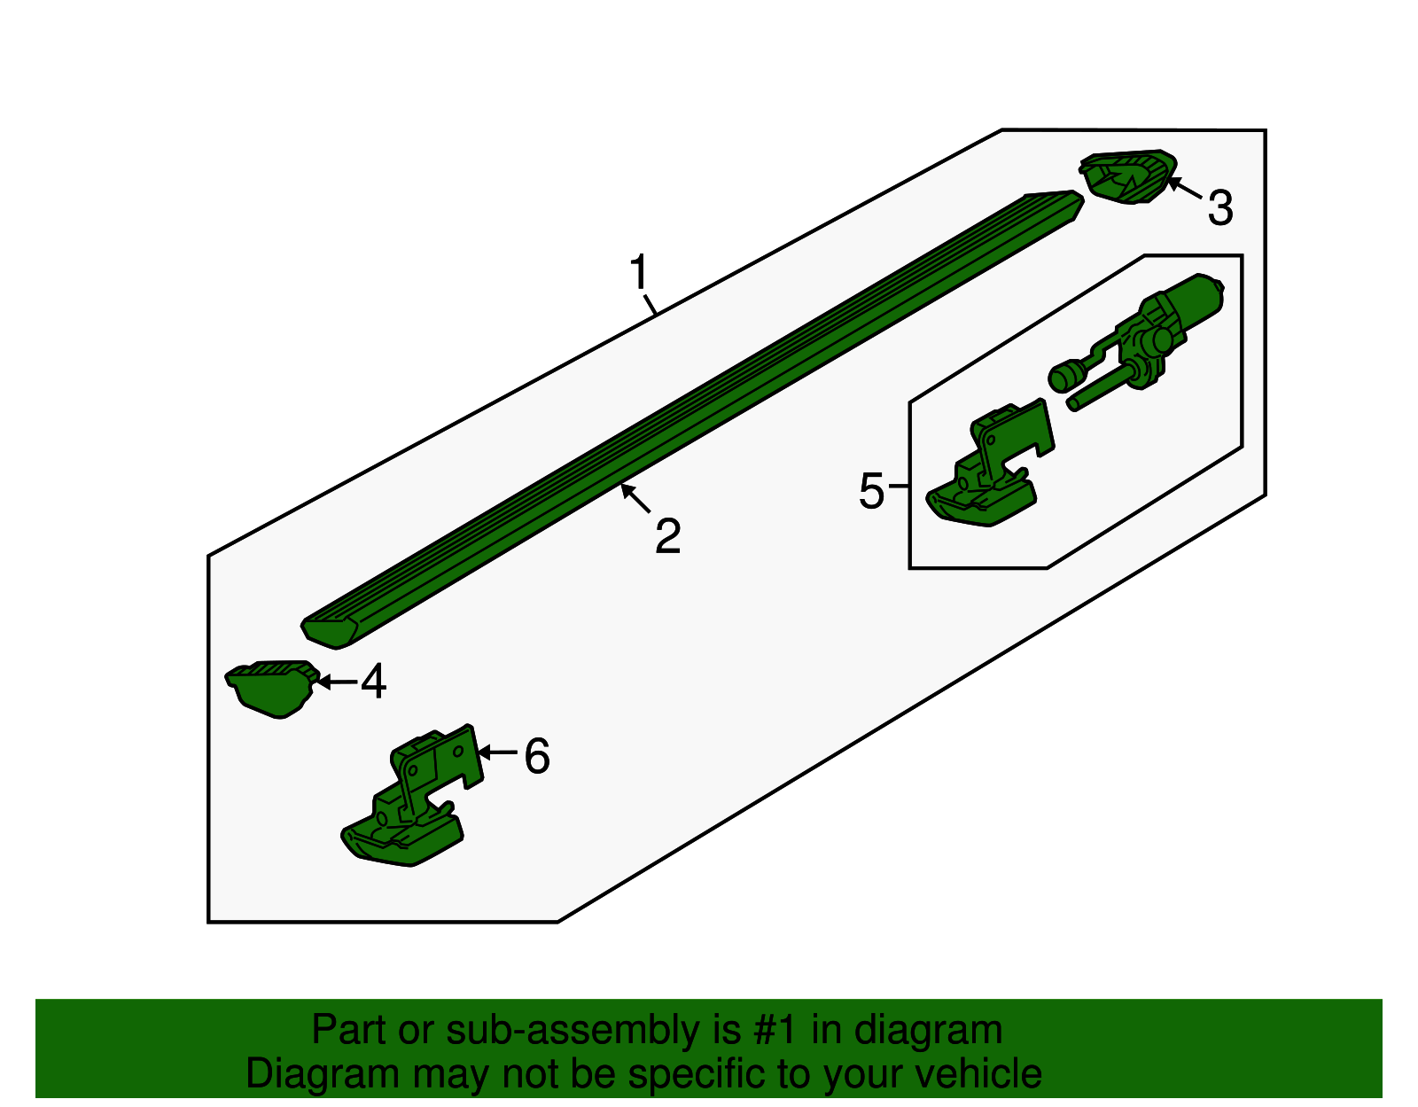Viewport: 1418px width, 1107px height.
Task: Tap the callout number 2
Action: [667, 536]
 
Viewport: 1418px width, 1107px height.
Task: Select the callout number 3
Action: [1220, 207]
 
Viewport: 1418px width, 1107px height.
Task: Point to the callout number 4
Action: [373, 681]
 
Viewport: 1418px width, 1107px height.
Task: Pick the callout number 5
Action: [872, 490]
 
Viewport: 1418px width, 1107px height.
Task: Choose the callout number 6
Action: [537, 756]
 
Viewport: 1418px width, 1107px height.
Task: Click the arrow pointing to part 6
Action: [497, 752]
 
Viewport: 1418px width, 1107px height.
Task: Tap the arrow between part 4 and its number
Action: [336, 682]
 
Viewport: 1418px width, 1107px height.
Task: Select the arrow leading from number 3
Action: [1183, 186]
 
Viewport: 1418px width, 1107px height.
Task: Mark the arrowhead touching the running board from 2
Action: [627, 490]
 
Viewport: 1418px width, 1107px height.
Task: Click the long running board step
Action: [691, 420]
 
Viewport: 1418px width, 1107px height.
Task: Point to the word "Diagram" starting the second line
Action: [323, 1073]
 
